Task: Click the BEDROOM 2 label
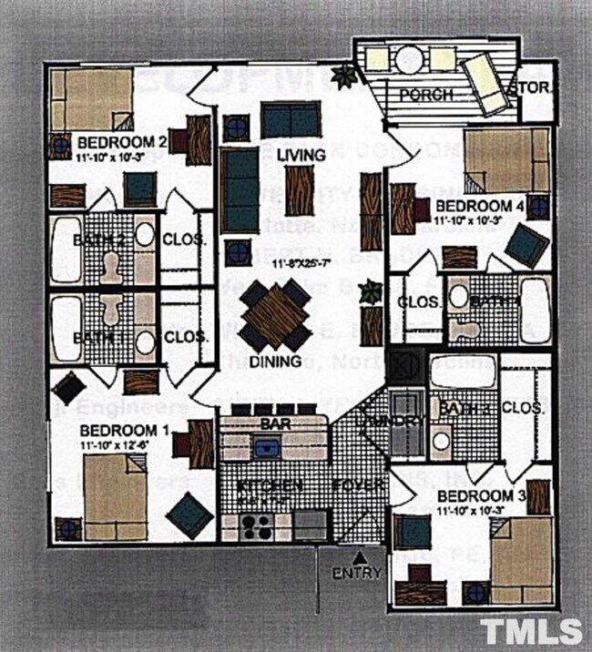tap(121, 143)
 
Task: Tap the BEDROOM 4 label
tap(479, 207)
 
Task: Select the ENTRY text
tap(357, 574)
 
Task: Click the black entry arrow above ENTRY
tap(360, 556)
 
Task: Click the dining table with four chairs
tap(276, 315)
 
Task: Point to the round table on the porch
tap(407, 59)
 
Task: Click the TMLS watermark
tap(531, 631)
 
